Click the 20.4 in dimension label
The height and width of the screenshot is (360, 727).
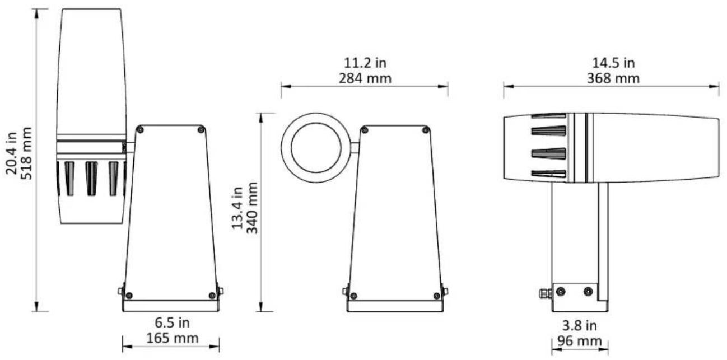coord(11,151)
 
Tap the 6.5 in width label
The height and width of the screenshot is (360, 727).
coord(171,323)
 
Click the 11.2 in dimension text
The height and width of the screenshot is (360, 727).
coord(365,62)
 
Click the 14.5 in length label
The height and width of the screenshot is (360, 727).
coord(612,62)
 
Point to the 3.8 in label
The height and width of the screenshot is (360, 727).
coord(579,326)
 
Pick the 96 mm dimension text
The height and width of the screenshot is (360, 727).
coord(579,340)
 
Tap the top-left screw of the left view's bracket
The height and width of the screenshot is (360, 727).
coord(140,130)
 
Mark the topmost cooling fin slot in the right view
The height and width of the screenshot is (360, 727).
coord(548,116)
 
